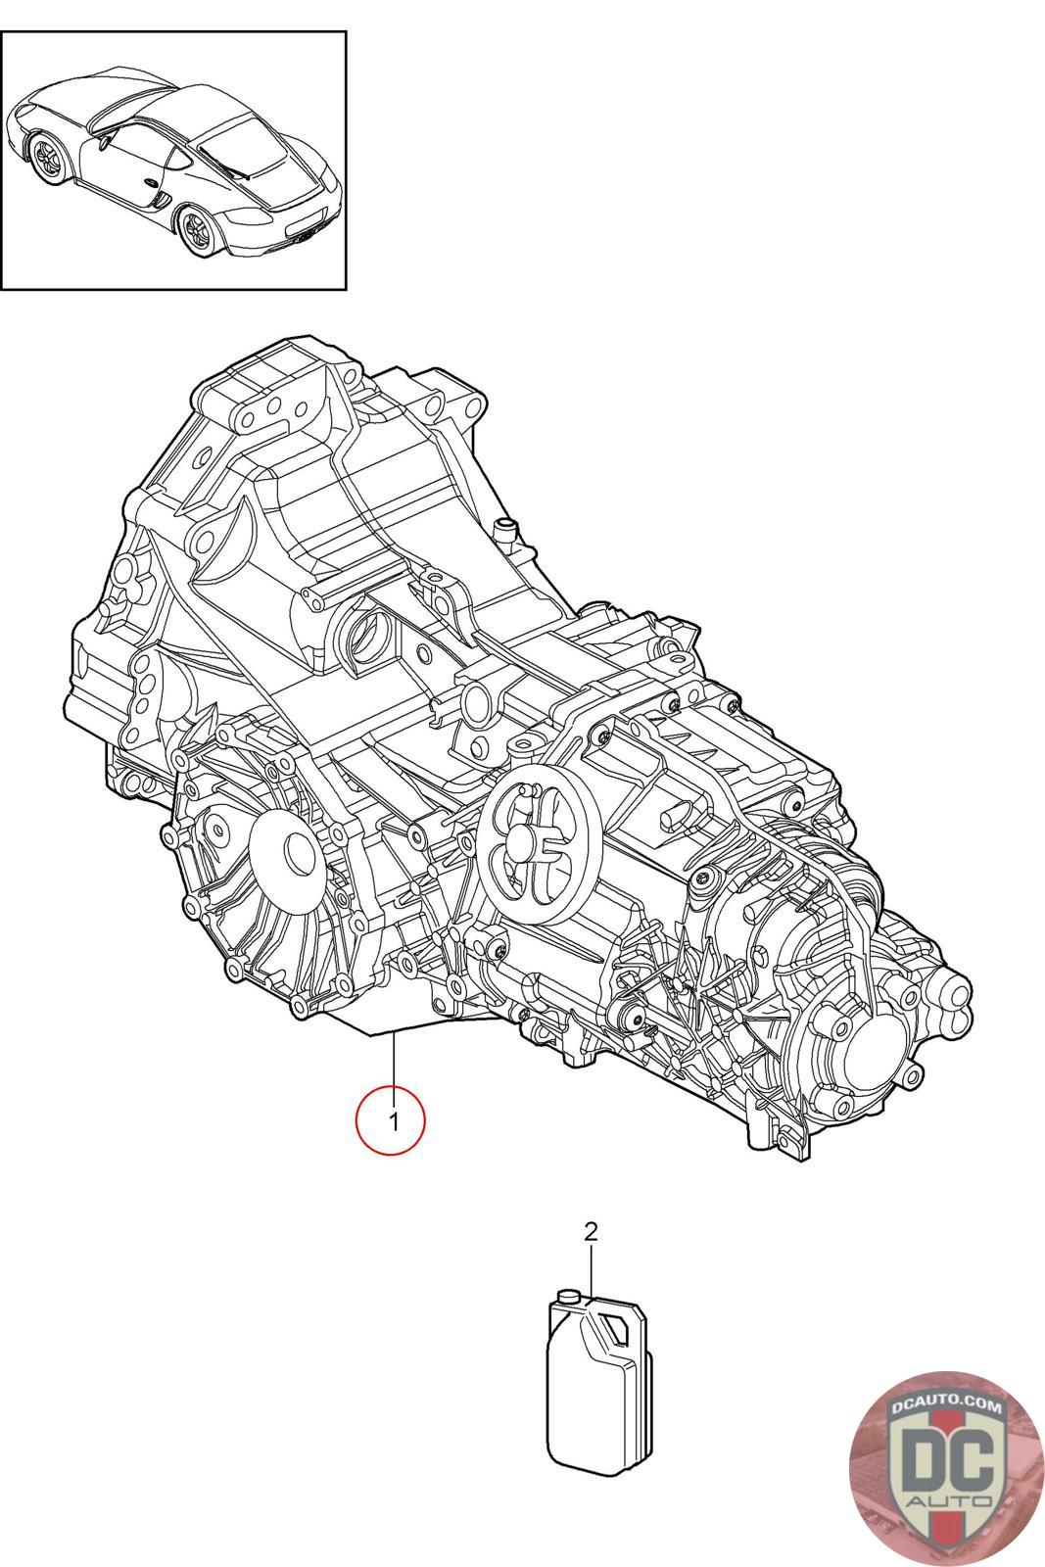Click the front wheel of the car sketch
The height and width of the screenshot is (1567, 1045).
click(50, 154)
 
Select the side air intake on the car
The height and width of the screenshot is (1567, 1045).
click(162, 197)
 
